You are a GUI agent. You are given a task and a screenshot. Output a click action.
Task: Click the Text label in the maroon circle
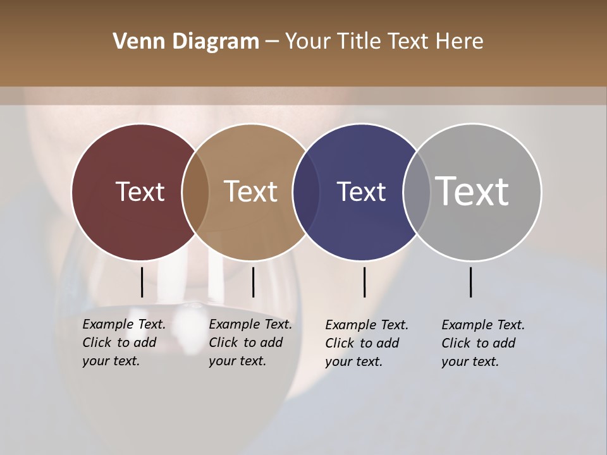[140, 191]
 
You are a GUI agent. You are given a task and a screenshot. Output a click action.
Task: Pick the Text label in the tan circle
[251, 191]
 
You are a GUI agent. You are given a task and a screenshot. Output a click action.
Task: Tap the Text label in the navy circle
[361, 191]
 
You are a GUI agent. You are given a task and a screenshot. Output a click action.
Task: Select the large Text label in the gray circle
[472, 191]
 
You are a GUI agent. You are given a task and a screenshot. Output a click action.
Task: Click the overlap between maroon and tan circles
[195, 192]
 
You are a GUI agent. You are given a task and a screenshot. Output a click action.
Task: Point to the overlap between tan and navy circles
[306, 192]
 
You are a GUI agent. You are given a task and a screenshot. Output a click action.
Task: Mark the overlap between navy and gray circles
[416, 192]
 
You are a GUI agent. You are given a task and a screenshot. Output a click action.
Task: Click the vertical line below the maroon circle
[142, 282]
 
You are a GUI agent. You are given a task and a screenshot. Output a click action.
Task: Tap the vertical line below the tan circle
[253, 282]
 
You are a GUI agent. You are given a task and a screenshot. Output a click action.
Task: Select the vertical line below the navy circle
[365, 282]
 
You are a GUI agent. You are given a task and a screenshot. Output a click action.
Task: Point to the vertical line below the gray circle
[471, 282]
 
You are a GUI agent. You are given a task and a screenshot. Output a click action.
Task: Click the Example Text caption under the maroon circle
[123, 343]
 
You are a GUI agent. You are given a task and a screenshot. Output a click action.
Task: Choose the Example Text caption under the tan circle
[250, 343]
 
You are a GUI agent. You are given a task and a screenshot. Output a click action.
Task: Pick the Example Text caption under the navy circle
[366, 343]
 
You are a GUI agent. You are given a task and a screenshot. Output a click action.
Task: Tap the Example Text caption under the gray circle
[482, 343]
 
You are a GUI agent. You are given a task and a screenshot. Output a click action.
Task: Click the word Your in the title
[307, 41]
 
